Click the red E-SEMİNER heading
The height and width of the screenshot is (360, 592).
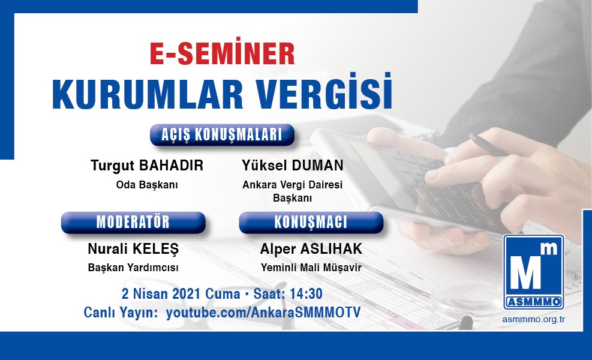tap(222, 53)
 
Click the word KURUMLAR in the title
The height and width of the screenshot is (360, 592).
tap(147, 94)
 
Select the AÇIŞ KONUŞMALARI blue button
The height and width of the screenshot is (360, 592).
tap(222, 135)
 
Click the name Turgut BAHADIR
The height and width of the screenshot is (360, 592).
tap(147, 166)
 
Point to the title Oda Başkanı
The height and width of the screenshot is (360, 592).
tap(147, 185)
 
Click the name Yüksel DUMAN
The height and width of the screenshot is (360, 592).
tap(293, 166)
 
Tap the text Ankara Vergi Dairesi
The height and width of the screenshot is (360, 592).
tap(293, 185)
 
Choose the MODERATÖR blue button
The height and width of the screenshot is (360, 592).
tap(133, 222)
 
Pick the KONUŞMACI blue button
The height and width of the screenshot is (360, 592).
tap(311, 222)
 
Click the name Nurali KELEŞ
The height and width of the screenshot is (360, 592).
tap(133, 249)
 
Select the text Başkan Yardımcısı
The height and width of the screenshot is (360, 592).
tap(133, 268)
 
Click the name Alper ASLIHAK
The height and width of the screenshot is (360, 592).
tap(311, 249)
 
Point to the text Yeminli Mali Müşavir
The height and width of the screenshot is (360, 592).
tap(311, 268)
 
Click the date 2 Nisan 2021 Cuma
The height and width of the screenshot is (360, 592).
tap(181, 294)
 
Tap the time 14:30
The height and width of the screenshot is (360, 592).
tap(306, 294)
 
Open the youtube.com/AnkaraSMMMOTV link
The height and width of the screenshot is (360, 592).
tap(263, 313)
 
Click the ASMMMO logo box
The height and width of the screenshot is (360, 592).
tap(534, 272)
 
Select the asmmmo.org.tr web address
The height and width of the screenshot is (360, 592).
tap(533, 320)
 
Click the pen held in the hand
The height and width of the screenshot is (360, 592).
tap(489, 145)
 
